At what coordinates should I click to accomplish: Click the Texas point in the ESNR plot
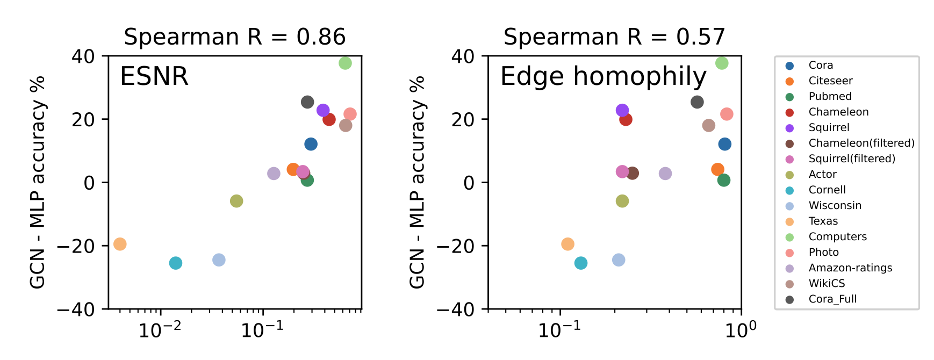pos(120,244)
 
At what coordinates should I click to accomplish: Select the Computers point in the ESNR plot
pos(345,63)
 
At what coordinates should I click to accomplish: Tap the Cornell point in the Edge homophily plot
pos(581,263)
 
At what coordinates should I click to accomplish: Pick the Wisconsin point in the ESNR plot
pos(219,260)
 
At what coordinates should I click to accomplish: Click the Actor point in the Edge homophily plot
pos(622,201)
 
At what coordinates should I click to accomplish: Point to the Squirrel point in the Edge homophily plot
pos(622,110)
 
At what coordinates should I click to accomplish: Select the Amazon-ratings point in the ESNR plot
pos(274,174)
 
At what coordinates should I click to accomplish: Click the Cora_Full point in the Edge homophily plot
pos(697,102)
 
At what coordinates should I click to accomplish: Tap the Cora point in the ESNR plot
pos(311,144)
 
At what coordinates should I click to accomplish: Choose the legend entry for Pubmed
pos(830,96)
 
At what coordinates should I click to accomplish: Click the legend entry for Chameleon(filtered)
pos(861,143)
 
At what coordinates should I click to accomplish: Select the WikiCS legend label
pos(827,283)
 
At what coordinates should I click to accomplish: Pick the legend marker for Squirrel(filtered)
pos(789,159)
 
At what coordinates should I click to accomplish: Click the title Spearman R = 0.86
pos(235,37)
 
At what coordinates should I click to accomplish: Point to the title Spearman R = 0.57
pos(614,37)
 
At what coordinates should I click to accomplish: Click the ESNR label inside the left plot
pos(154,76)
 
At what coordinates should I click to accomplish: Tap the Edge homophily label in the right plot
pos(603,76)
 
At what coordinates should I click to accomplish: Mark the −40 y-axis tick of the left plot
pos(83,309)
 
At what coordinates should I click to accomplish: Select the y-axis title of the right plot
pos(417,183)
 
